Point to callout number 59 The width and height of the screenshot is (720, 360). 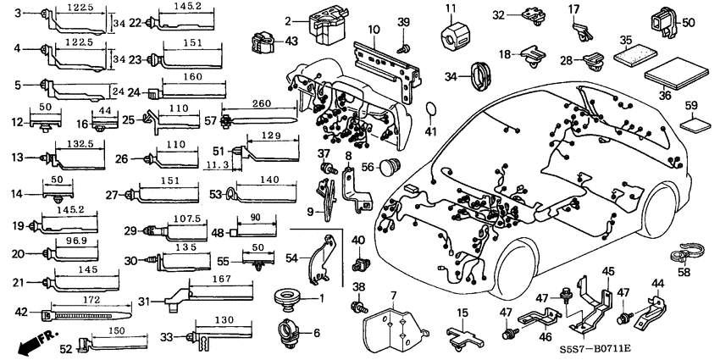coord(691,106)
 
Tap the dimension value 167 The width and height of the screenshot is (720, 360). coord(219,280)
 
